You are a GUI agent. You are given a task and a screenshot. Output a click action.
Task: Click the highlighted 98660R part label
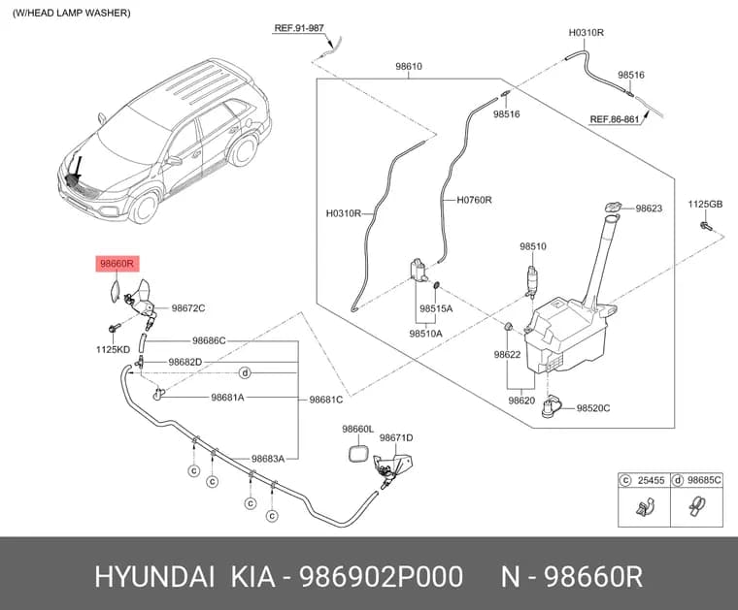click(115, 264)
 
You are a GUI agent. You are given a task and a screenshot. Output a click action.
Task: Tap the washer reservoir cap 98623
click(613, 207)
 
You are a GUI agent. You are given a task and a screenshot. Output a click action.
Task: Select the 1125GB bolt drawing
click(706, 226)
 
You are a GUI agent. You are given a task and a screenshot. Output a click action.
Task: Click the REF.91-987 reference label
click(299, 28)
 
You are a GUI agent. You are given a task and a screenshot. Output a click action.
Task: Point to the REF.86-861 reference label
click(615, 119)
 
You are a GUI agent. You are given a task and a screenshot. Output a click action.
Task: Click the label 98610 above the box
click(409, 66)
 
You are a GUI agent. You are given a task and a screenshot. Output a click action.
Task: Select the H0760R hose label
click(474, 200)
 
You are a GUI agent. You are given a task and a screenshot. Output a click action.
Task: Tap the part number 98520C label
click(593, 408)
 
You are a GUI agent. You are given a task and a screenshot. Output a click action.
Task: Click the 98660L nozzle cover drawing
click(358, 453)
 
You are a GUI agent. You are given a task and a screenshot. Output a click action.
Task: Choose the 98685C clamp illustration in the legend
click(695, 506)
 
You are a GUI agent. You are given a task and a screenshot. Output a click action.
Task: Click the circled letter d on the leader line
click(245, 373)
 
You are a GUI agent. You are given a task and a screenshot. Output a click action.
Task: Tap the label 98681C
click(325, 400)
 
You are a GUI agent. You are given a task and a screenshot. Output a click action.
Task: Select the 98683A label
click(268, 459)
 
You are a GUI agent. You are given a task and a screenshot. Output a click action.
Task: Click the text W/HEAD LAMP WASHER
click(72, 14)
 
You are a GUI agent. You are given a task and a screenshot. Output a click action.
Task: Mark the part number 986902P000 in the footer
click(382, 577)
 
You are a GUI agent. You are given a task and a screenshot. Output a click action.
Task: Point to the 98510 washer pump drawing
click(532, 281)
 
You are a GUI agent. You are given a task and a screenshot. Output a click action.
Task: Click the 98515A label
click(436, 308)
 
